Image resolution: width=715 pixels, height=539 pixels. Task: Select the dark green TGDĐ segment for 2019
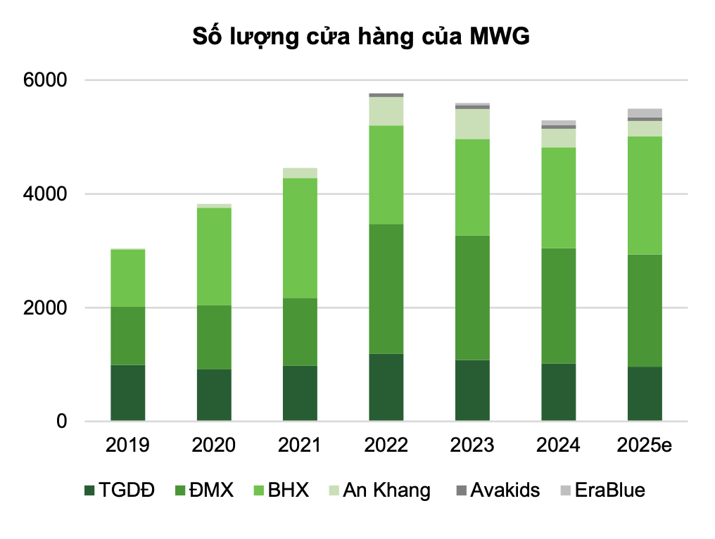coord(127,393)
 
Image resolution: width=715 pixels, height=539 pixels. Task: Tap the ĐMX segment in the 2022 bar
coord(386,288)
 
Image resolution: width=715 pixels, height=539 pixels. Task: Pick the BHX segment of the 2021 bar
coord(300,238)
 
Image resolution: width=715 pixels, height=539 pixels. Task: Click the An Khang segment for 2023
coord(472,124)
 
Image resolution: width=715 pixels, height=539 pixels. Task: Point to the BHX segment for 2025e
coord(645,195)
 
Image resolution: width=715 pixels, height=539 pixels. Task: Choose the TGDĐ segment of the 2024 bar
coord(559,392)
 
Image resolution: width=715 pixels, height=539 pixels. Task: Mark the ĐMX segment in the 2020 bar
coord(214,337)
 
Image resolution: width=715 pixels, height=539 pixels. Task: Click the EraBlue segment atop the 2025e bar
coord(645,113)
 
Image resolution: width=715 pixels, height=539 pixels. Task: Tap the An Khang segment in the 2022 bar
coord(386,111)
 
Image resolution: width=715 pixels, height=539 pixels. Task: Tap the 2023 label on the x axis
coord(472,445)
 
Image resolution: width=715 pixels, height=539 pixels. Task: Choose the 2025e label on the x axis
coord(645,445)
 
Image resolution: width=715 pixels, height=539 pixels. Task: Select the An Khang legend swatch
coord(333,490)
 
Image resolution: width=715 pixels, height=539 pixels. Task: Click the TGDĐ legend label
coord(127,490)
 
